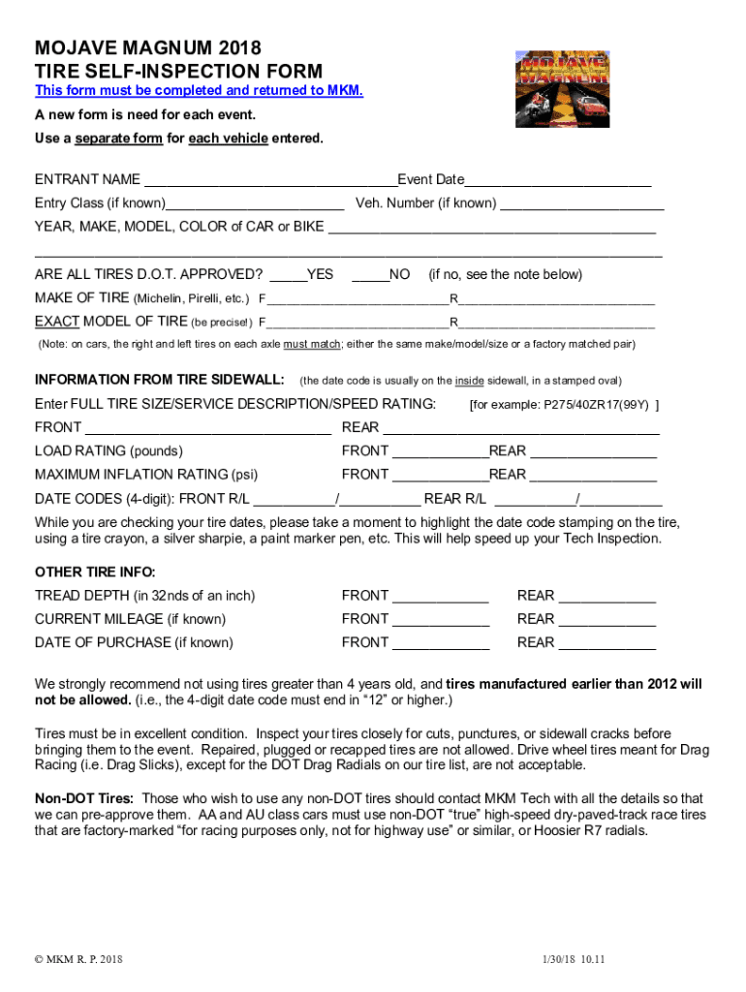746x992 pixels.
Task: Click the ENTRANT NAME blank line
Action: click(x=269, y=180)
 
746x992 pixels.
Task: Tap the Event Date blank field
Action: click(x=557, y=180)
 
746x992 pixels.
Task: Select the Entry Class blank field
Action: click(x=255, y=203)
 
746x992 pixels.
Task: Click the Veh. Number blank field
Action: click(x=582, y=203)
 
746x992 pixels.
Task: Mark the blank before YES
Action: click(x=288, y=275)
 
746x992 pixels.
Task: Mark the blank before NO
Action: click(x=370, y=275)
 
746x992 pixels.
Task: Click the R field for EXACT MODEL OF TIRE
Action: click(x=557, y=322)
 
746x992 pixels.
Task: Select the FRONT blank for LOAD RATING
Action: click(x=440, y=451)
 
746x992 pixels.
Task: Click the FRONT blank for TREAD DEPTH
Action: click(x=441, y=596)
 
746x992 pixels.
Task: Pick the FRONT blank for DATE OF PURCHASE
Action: click(x=441, y=642)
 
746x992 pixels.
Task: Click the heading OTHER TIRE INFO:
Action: click(x=95, y=572)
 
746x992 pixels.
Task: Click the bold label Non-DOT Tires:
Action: click(x=84, y=798)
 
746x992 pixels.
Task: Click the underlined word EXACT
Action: click(x=57, y=322)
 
